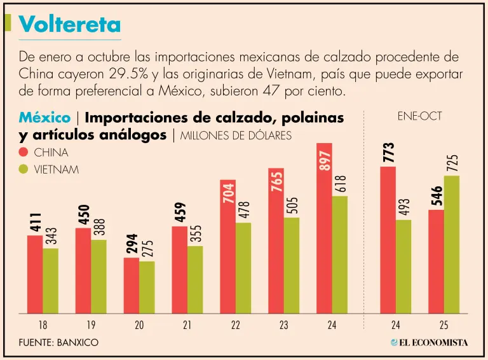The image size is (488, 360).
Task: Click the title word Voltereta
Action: tap(70, 24)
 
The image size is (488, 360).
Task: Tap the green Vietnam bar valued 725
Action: tap(452, 245)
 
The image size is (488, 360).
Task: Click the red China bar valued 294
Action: tap(131, 286)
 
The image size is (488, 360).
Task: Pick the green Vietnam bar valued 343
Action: tap(51, 280)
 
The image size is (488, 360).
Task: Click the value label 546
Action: tap(437, 197)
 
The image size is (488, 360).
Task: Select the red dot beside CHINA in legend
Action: tap(24, 153)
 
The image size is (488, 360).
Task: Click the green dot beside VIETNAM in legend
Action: tap(24, 170)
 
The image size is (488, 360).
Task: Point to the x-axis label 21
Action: tap(187, 325)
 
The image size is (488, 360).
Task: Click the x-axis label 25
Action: tap(444, 325)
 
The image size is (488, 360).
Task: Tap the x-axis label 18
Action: tap(43, 325)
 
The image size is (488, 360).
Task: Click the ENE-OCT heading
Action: tap(419, 116)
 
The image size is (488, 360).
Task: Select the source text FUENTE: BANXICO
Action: tap(58, 343)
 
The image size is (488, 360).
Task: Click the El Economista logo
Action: tap(430, 342)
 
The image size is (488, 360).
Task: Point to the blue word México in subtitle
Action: tap(44, 118)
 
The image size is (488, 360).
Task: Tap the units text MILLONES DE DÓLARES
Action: tap(236, 135)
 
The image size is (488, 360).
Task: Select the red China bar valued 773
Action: tap(388, 240)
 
